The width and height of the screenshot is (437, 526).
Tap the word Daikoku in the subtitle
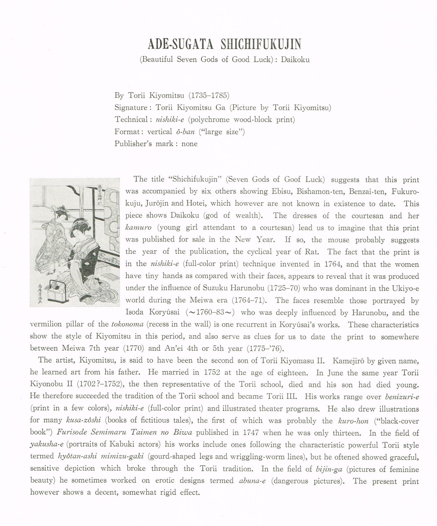[x=295, y=59]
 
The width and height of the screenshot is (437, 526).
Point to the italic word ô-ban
[x=184, y=132]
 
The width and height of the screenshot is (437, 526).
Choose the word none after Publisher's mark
[x=189, y=144]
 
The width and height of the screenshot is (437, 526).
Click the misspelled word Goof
[x=292, y=179]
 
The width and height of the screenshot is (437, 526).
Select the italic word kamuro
[x=138, y=228]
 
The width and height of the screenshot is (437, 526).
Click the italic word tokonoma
[x=127, y=325]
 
